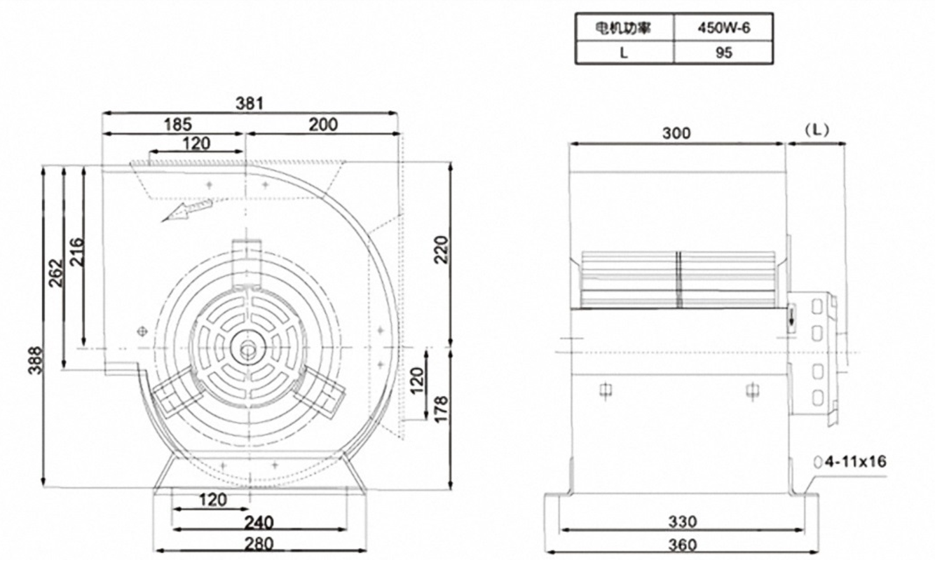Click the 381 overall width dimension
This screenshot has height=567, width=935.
[x=250, y=103]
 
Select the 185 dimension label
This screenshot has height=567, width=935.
[x=178, y=125]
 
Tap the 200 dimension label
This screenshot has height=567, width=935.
[x=323, y=125]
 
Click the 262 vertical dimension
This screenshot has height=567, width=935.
[x=55, y=273]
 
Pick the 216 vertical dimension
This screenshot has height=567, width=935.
[x=76, y=252]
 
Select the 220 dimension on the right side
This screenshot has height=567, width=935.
[x=441, y=250]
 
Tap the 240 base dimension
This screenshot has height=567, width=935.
[x=259, y=522]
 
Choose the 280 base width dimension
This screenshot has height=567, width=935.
[x=259, y=542]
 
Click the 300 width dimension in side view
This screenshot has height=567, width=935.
[x=676, y=133]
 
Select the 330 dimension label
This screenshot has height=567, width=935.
[x=682, y=521]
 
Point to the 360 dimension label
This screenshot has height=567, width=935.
[x=682, y=544]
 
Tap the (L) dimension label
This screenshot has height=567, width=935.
[x=817, y=130]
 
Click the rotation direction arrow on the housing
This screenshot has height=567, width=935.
[x=186, y=210]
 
